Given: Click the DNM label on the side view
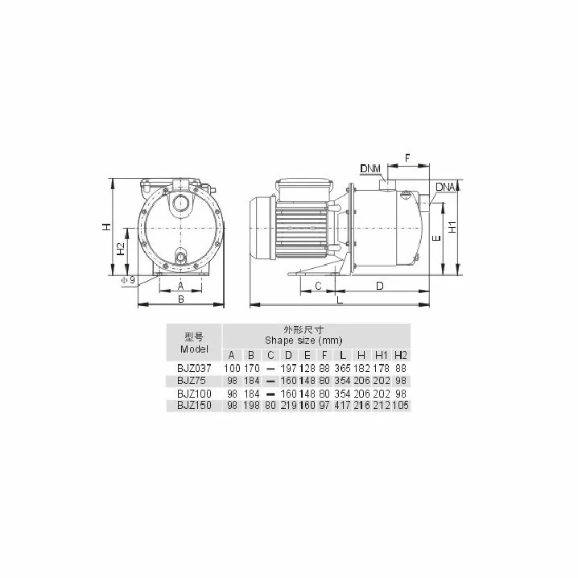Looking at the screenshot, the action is pyautogui.click(x=370, y=169).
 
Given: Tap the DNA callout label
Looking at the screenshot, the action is pyautogui.click(x=446, y=187).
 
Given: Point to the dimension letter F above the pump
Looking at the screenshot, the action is pyautogui.click(x=407, y=158).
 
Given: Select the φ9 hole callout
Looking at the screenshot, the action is pyautogui.click(x=128, y=280).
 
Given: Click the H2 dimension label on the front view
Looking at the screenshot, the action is pyautogui.click(x=121, y=249).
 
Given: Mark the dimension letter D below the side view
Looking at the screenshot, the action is pyautogui.click(x=380, y=286).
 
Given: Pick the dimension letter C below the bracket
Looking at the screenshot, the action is pyautogui.click(x=318, y=286).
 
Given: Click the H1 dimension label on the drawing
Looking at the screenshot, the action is pyautogui.click(x=452, y=227).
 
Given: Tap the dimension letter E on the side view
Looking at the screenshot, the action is pyautogui.click(x=436, y=238).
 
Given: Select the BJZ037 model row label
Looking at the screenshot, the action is pyautogui.click(x=194, y=368).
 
